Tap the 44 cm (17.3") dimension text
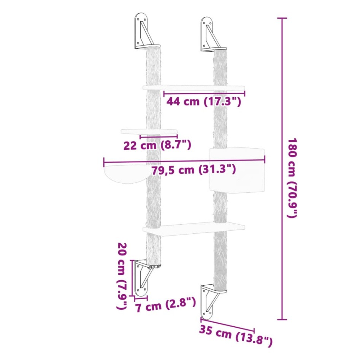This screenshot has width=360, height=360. (x=203, y=102)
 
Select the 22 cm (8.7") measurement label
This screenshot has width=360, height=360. (x=157, y=145)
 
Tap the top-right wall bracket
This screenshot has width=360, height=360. (x=210, y=35)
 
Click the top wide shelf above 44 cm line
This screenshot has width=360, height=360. (x=194, y=88)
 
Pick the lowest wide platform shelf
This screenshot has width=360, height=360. (x=194, y=229)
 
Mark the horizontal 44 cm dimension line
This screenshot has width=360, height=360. (x=204, y=92)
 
